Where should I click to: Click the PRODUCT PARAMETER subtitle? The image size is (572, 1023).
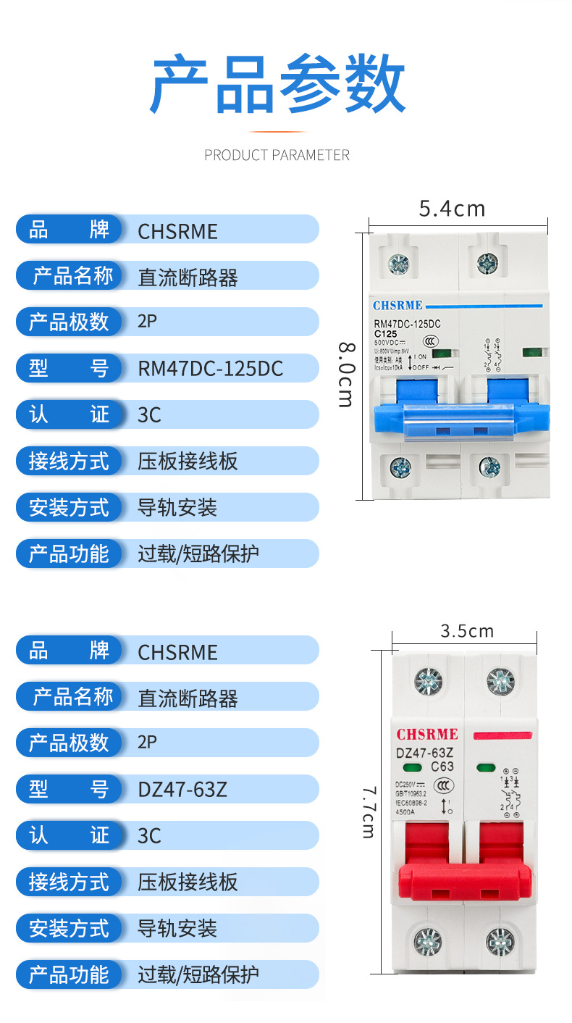coord(277,155)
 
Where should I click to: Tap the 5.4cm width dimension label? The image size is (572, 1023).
coord(452,209)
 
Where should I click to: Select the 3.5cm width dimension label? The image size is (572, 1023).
coord(467,630)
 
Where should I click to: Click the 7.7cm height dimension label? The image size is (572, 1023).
coord(369,812)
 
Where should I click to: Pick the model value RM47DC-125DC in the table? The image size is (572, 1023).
coord(210,369)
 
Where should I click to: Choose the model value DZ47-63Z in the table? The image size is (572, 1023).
coord(182,790)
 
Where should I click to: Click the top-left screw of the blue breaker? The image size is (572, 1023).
coord(398,264)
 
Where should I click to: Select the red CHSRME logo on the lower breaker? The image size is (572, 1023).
coord(427,734)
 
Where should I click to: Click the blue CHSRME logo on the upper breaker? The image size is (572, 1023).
coord(398,306)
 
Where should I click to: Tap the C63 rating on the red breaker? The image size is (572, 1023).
coord(442,767)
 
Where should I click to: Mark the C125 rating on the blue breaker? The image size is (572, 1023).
coord(385,333)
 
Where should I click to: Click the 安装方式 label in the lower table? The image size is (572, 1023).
coord(69,929)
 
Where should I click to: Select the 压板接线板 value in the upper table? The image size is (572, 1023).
coord(188,462)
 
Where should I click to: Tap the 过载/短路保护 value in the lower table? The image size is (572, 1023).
coord(198,975)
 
